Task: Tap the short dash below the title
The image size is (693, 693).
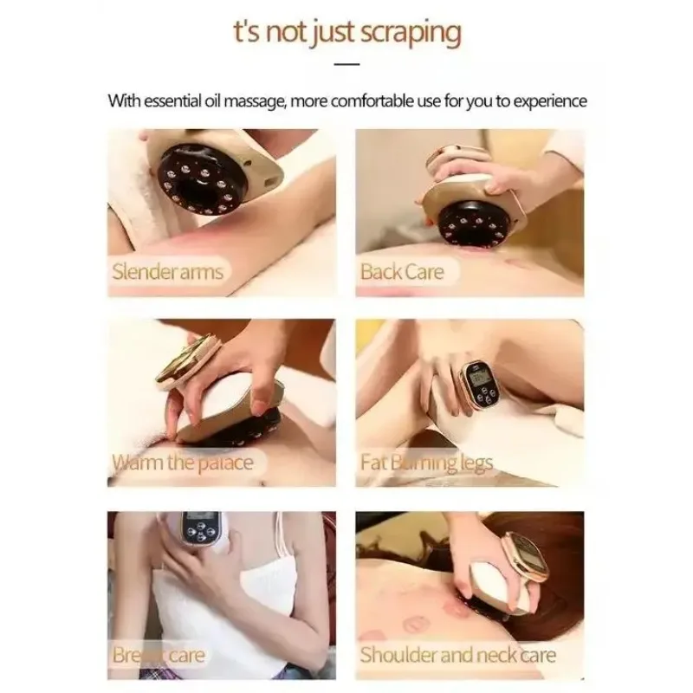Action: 346,63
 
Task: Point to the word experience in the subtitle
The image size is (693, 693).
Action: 544,100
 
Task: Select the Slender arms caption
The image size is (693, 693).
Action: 167,271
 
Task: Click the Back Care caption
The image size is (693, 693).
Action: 401,271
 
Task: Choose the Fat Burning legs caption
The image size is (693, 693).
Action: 426,462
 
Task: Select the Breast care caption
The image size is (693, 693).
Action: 158,654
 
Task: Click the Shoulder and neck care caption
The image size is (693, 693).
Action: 457,654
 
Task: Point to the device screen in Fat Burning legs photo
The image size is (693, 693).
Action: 476,373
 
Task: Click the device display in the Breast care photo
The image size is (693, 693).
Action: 198,524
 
